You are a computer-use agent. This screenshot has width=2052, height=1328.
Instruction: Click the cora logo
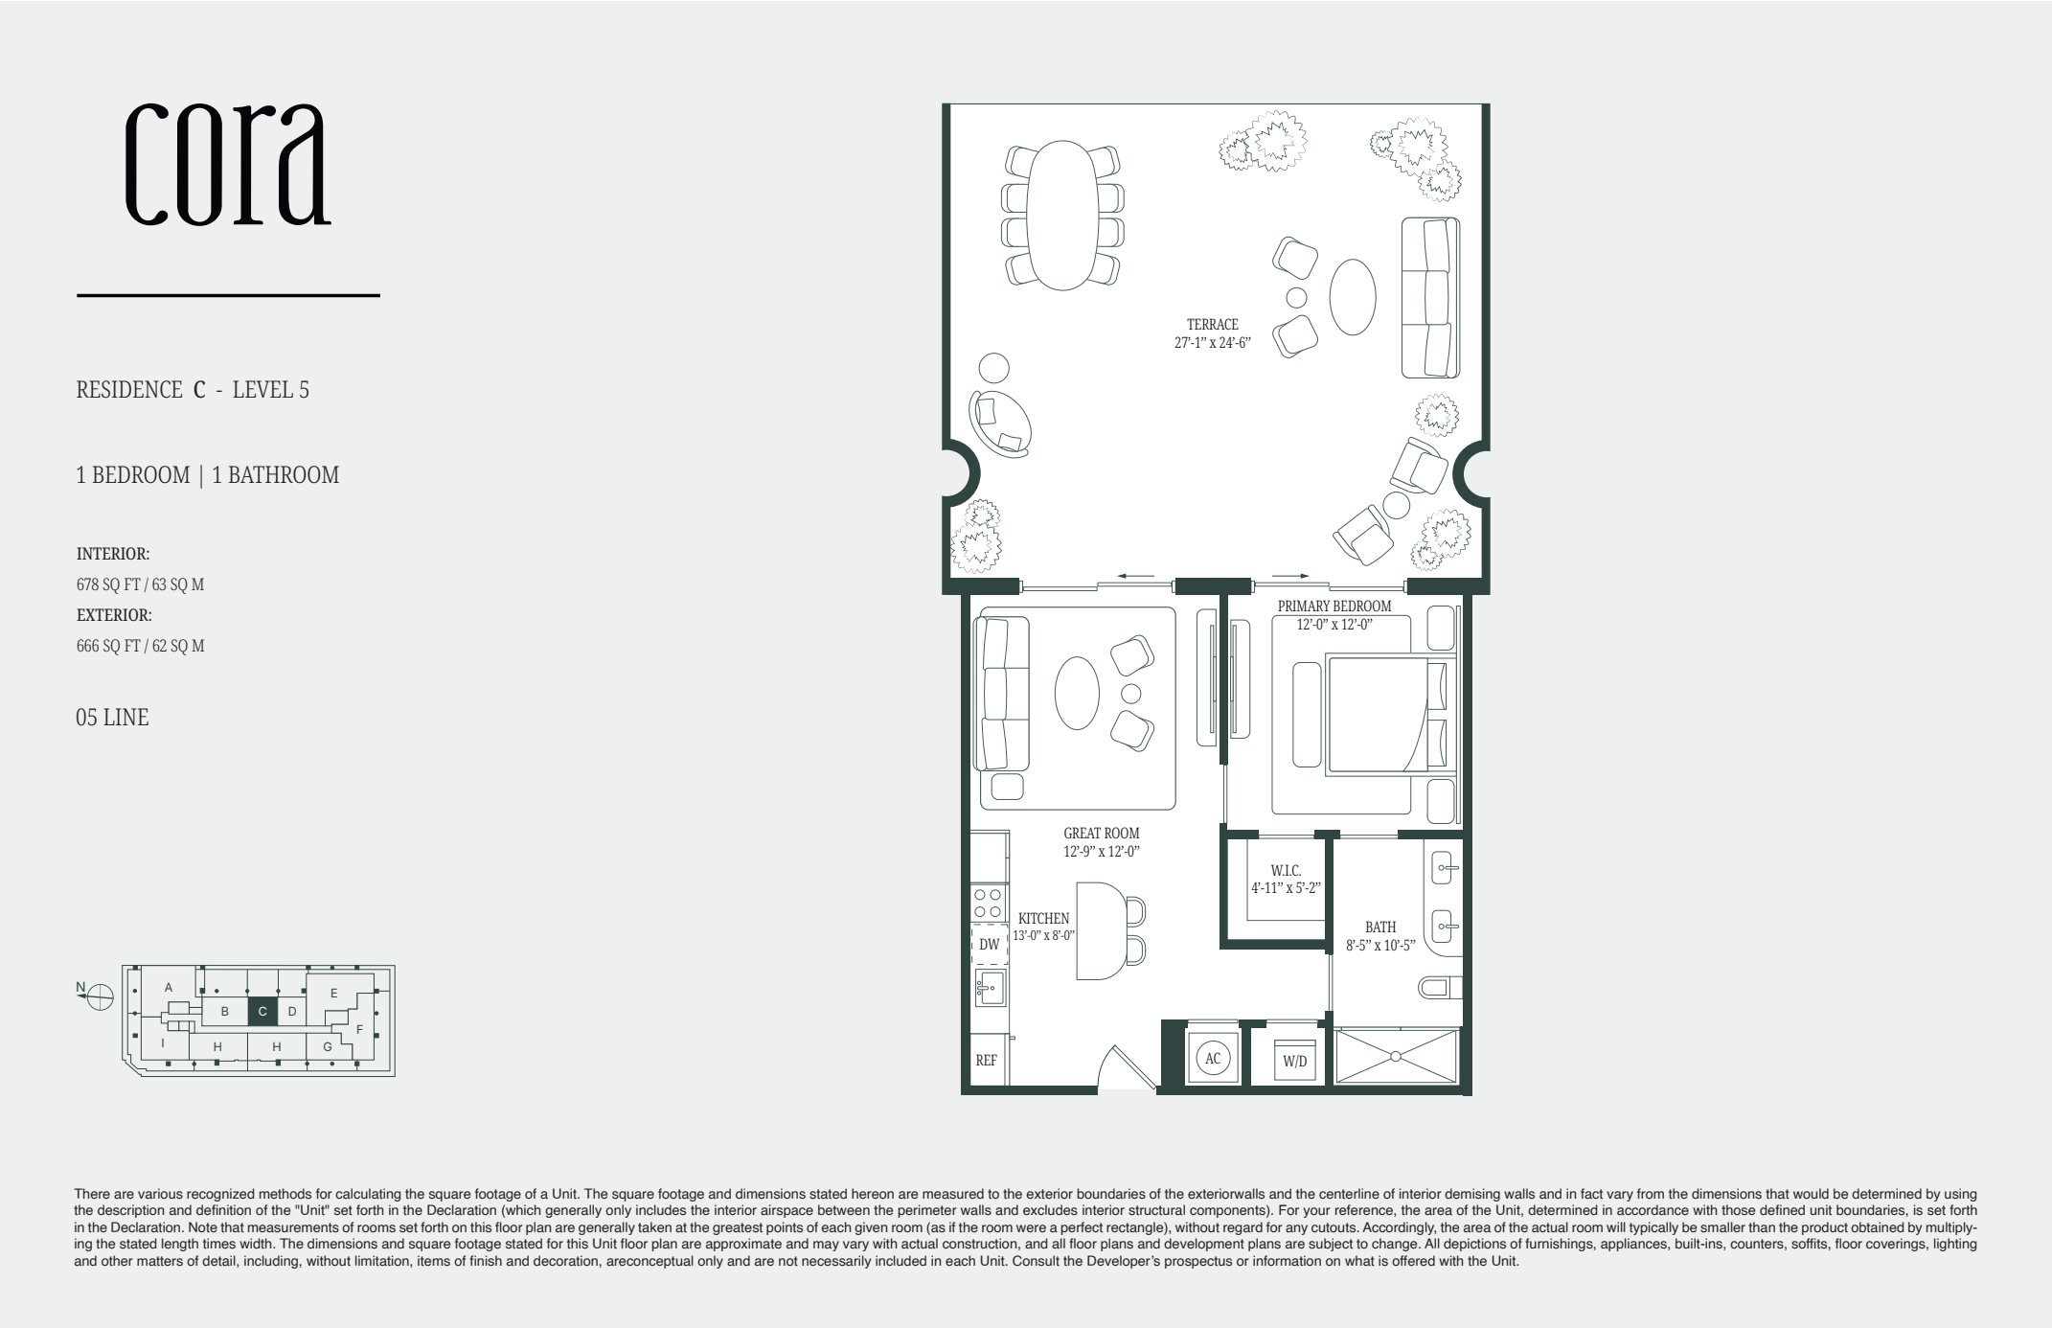(228, 164)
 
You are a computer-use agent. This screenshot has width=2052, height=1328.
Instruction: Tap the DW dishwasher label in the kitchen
(989, 945)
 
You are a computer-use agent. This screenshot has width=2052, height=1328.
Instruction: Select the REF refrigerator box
(986, 1061)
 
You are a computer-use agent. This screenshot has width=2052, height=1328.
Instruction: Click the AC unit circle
(1213, 1059)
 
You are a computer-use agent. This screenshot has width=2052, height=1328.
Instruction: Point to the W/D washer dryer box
(1294, 1062)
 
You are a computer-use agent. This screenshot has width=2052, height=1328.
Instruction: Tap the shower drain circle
(1396, 1057)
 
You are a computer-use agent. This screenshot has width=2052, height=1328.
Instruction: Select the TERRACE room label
(1212, 325)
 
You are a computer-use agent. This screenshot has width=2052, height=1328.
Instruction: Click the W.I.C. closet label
(1286, 870)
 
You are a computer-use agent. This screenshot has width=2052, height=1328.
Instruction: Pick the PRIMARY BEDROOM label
(1334, 607)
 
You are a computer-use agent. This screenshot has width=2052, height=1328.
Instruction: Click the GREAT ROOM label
(1101, 834)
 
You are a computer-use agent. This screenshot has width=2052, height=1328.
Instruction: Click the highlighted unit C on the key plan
(262, 1012)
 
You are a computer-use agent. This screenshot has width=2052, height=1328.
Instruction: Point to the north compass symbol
(100, 997)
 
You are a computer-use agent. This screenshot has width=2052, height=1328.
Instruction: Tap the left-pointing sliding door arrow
(1135, 577)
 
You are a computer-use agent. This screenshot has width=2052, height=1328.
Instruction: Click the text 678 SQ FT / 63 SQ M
(140, 584)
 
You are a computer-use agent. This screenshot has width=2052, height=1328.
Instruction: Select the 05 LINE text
(112, 718)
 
